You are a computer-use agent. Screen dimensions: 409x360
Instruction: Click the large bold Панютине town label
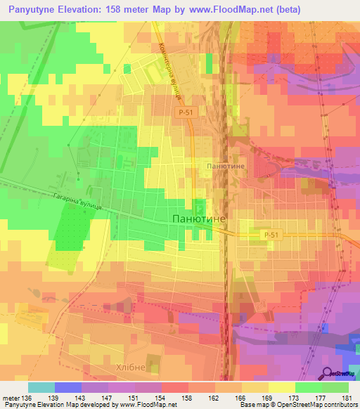pos(199,219)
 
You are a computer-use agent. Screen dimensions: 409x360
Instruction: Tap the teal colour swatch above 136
pos(41,387)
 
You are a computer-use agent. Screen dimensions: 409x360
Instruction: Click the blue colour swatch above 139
pos(68,387)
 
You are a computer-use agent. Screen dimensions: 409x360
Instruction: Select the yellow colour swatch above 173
pos(282,387)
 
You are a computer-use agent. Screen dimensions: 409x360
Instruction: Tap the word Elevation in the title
pos(92,9)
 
